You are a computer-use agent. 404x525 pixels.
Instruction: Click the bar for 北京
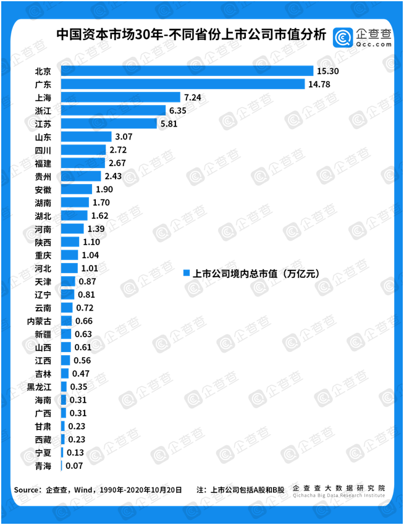tap(185, 71)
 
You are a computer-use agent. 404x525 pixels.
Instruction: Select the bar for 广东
tap(182, 84)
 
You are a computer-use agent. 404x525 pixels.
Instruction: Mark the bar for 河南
tap(72, 229)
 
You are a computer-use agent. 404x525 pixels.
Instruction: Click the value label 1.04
tap(90, 255)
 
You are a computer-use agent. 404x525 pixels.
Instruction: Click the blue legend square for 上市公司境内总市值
tap(186, 273)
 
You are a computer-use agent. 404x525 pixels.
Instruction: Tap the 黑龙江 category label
tap(39, 387)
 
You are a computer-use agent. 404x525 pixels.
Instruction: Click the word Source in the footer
tap(27, 490)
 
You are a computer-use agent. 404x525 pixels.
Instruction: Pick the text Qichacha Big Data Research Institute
tap(339, 495)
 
